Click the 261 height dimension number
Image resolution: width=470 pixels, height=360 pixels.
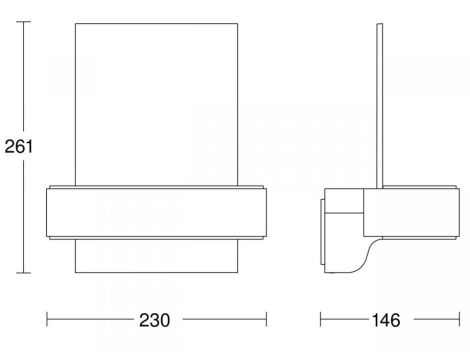pos(19,146)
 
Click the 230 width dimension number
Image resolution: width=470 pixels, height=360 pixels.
pos(154,320)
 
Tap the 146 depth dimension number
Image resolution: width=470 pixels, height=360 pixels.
pos(386,320)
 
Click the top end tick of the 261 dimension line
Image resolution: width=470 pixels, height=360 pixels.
pos(23,22)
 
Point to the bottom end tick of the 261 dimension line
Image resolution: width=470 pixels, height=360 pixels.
pos(23,273)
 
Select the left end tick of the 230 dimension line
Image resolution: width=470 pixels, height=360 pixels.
pos(47,319)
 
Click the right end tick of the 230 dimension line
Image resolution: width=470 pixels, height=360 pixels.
pos(266,319)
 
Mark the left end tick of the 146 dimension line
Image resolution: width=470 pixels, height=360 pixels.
pos(320,319)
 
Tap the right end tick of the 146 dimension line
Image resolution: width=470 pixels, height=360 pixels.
pos(459,319)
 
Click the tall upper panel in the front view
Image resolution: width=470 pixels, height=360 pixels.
pos(156,104)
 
